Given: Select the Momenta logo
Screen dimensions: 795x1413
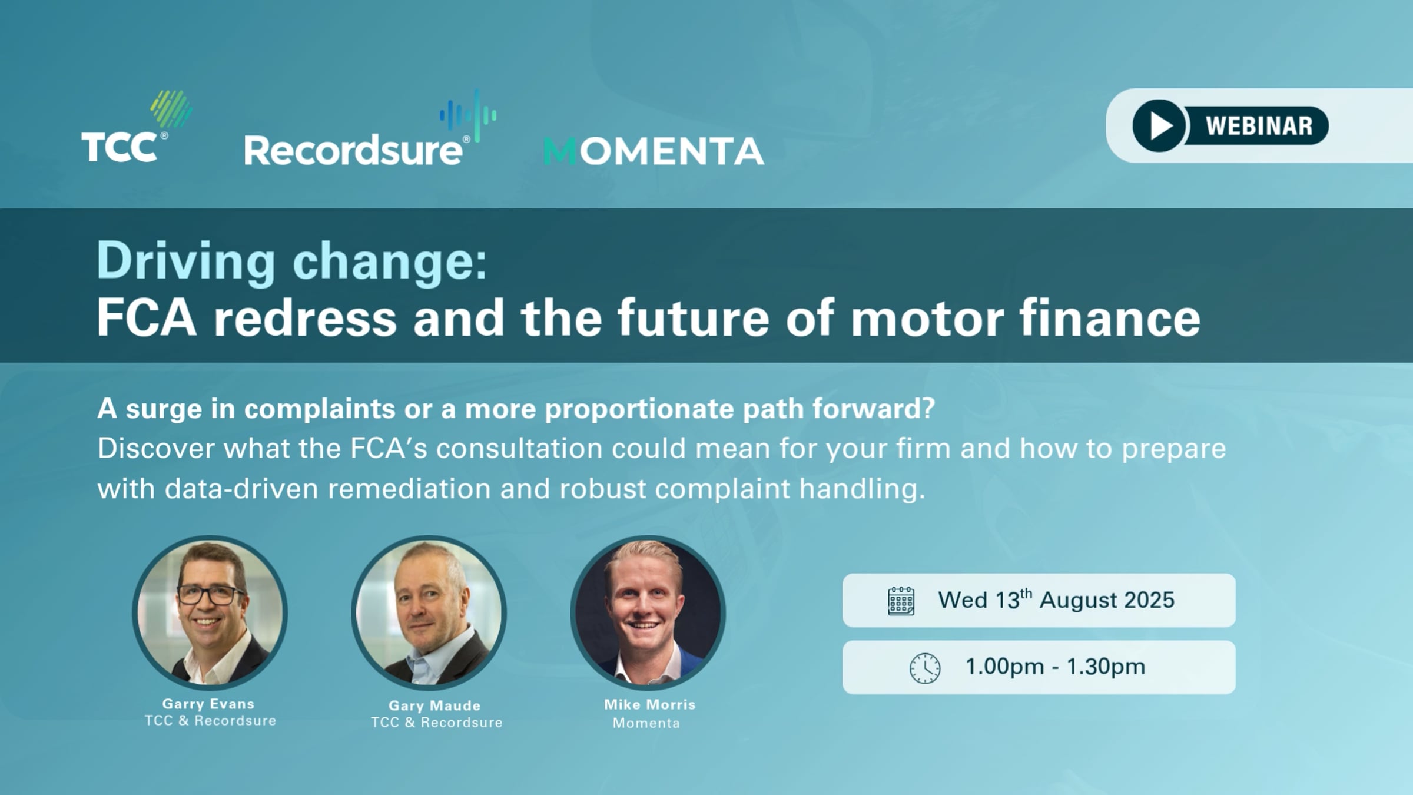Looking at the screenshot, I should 654,151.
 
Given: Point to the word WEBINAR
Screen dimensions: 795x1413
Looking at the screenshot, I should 1259,126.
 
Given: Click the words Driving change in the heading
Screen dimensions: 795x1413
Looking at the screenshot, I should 292,260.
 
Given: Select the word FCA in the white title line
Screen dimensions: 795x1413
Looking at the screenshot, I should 146,318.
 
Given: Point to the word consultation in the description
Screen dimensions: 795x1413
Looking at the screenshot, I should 519,448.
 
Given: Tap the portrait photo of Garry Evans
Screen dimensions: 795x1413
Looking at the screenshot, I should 210,612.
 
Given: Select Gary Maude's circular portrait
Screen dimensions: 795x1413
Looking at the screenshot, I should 429,612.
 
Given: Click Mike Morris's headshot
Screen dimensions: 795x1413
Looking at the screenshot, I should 648,612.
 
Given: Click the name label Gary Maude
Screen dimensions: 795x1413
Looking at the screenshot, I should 434,705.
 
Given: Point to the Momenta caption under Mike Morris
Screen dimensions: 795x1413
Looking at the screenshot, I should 646,723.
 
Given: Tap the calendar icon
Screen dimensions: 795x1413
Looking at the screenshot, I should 901,601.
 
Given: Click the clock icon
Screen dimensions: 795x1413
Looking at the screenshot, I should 924,668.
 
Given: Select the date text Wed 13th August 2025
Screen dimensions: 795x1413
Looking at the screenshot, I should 1056,600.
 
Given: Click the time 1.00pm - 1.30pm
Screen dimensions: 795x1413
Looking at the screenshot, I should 1055,667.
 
